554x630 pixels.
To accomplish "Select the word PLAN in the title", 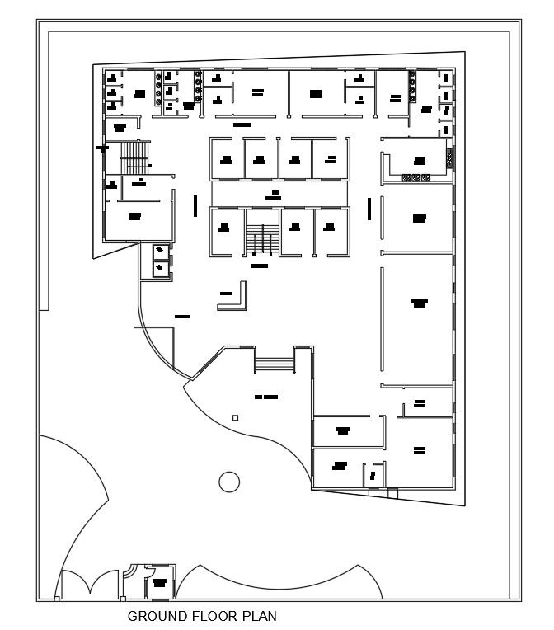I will [259, 616].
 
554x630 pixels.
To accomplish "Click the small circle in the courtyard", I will [228, 481].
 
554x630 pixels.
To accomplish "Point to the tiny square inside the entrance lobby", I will [236, 419].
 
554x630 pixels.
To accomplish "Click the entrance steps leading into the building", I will [274, 363].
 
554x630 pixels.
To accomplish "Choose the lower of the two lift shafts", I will [160, 268].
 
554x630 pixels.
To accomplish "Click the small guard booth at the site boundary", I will [159, 585].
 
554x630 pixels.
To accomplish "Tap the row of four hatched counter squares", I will [415, 177].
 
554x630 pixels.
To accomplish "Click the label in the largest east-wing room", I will [419, 303].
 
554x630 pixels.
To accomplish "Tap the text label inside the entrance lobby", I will [265, 397].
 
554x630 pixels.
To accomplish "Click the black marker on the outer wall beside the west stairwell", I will [103, 148].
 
